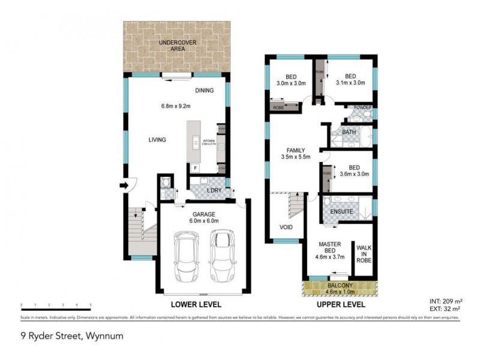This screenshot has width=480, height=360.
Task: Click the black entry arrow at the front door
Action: (124, 186)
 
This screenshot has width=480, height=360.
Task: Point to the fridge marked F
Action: (195, 169)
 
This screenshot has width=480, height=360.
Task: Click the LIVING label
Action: (157, 140)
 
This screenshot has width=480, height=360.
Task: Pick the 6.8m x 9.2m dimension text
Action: (176, 106)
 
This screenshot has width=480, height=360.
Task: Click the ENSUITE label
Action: (341, 212)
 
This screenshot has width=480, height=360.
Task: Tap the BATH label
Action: (349, 132)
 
